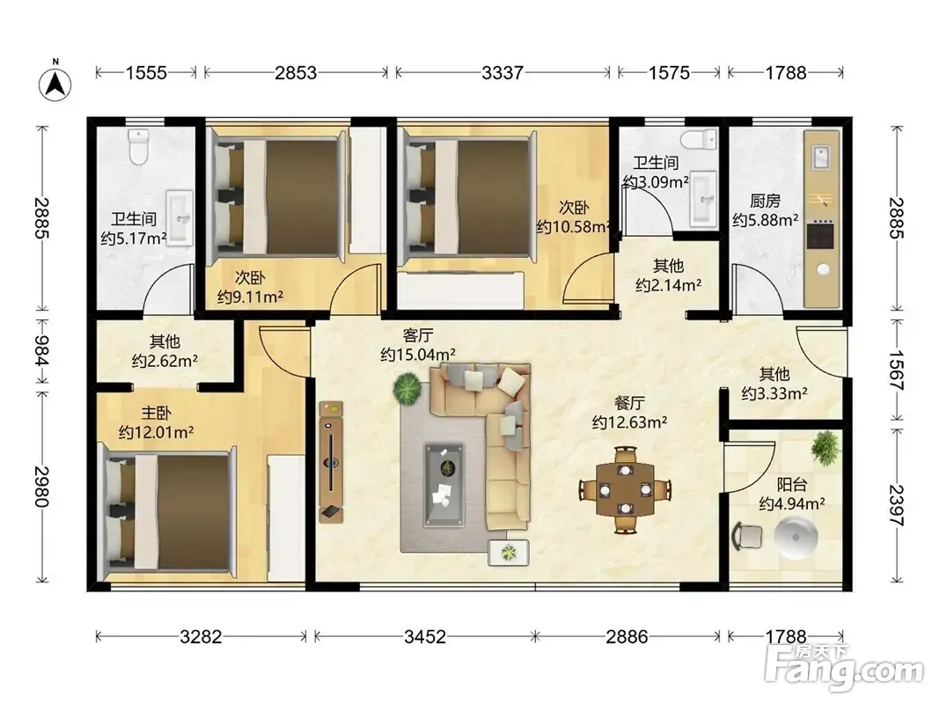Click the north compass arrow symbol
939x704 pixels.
[x=55, y=84]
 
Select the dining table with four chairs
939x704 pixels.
[x=625, y=489]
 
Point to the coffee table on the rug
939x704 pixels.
[x=444, y=485]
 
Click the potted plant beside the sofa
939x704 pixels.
[x=407, y=388]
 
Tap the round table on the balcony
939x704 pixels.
[x=796, y=537]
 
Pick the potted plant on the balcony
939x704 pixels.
[x=825, y=446]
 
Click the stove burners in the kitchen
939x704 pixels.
[x=820, y=234]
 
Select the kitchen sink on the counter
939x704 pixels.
[x=820, y=157]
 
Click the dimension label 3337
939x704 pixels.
[x=503, y=73]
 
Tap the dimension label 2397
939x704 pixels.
[x=897, y=505]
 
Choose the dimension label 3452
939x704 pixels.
[x=424, y=636]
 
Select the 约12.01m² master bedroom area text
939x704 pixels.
[x=156, y=432]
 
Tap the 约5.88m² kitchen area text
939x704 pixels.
[x=766, y=220]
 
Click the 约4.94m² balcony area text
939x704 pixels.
[x=792, y=504]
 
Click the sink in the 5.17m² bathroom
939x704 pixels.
[x=179, y=218]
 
